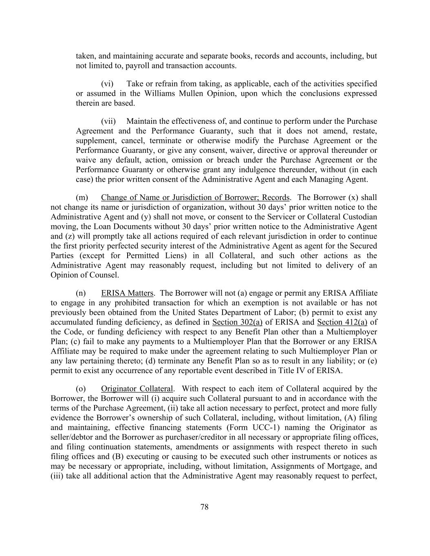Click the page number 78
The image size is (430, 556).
(205, 507)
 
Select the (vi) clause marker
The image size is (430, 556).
(107, 84)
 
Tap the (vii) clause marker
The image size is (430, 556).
(108, 121)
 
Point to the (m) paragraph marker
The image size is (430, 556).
(82, 198)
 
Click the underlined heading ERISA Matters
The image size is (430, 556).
(127, 293)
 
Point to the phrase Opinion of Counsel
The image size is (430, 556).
(85, 275)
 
